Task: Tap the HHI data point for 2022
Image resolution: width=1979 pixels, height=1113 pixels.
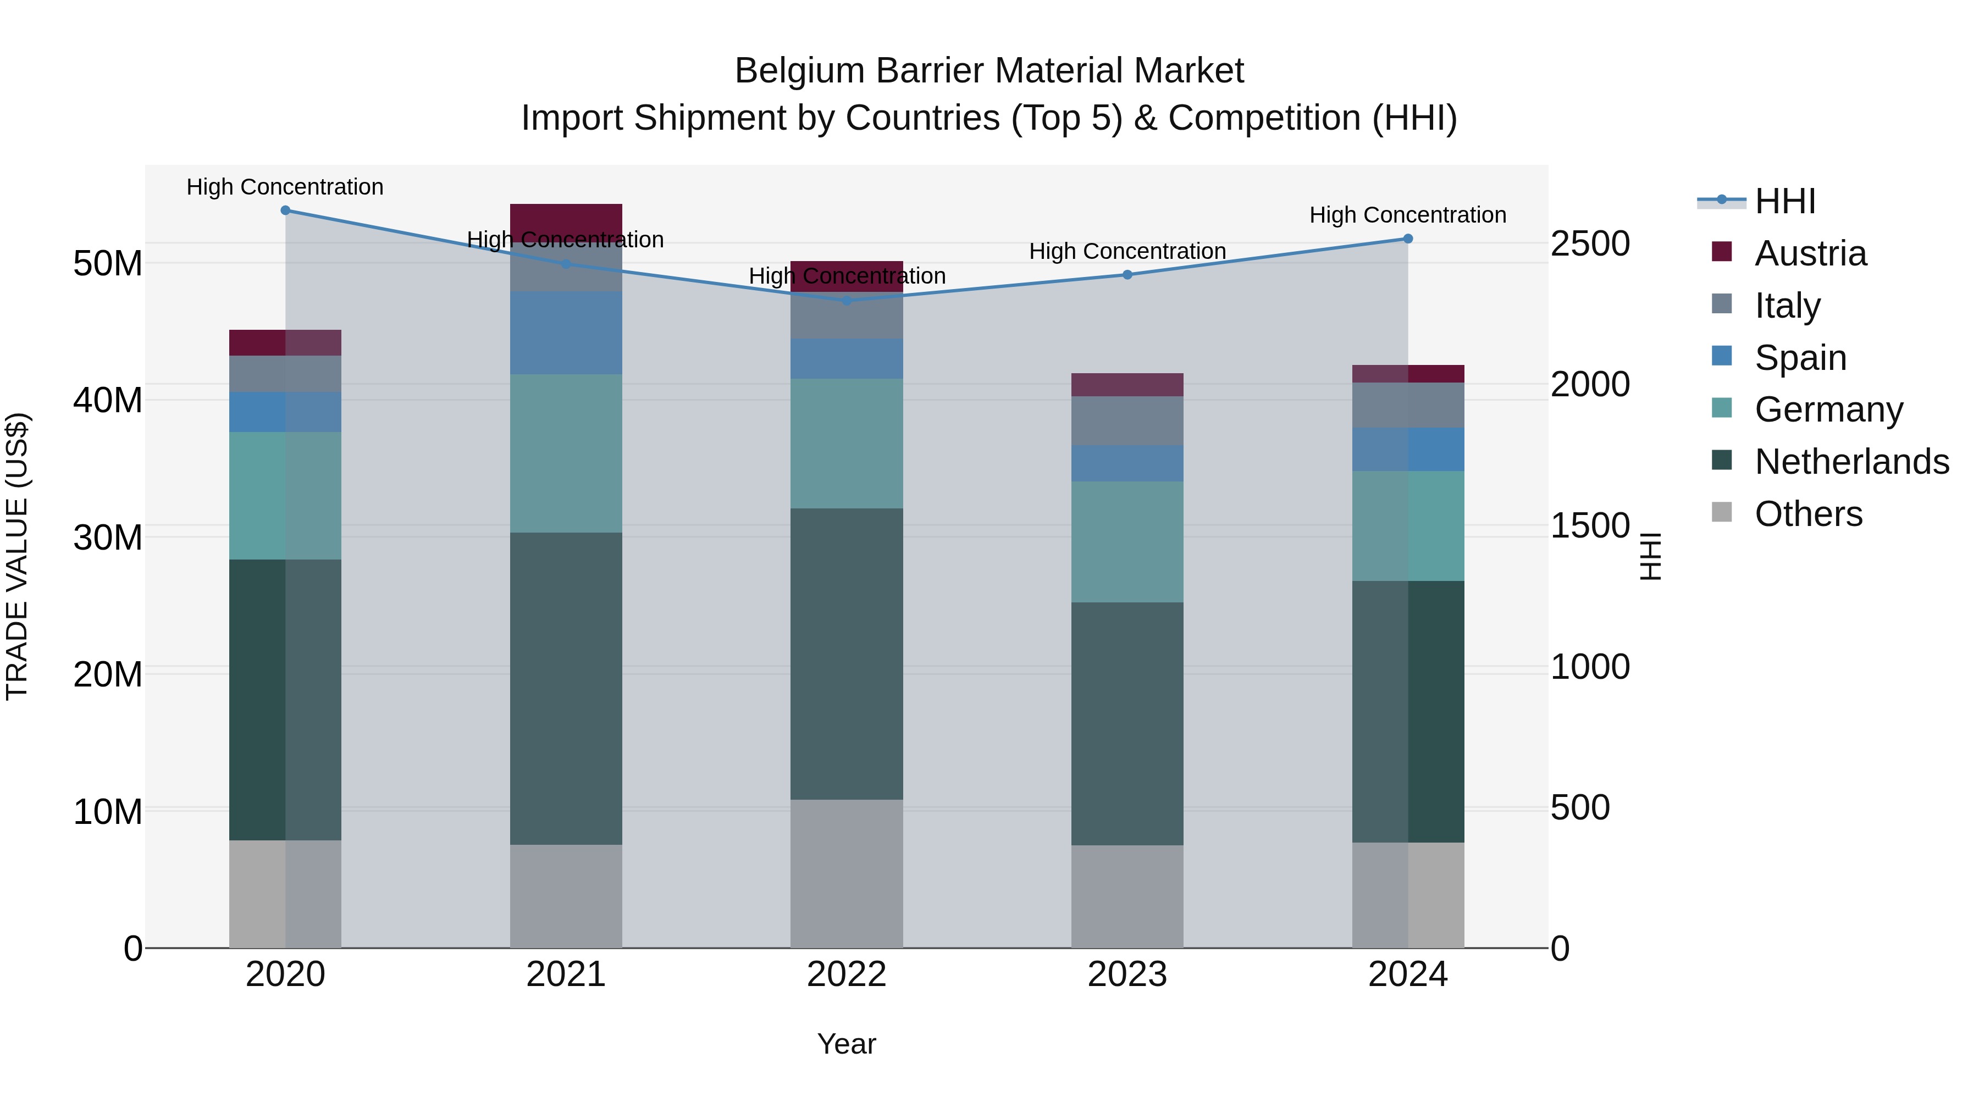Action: click(847, 300)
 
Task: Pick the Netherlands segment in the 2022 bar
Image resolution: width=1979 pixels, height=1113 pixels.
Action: click(847, 653)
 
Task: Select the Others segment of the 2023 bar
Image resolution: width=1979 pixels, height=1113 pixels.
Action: click(1127, 896)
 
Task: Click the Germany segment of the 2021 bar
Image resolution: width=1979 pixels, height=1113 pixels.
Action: click(566, 453)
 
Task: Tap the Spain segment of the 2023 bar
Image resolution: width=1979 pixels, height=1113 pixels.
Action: click(1127, 463)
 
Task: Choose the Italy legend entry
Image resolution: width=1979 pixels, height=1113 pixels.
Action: click(1787, 306)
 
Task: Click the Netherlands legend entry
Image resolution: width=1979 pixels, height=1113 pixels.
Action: click(1851, 462)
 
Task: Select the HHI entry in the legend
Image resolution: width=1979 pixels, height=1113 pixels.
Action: click(1784, 201)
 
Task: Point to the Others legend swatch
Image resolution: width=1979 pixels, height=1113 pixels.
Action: click(1722, 512)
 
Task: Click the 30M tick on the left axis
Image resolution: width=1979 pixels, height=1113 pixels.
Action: click(108, 537)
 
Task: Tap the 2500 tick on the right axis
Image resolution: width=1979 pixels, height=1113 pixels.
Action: click(1589, 243)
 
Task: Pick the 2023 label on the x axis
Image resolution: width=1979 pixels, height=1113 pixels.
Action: click(1127, 974)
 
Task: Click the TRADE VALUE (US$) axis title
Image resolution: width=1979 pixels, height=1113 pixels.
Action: click(17, 556)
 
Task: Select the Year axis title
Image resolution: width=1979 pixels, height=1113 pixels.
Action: click(846, 1044)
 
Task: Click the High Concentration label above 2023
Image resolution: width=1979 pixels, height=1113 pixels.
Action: click(1127, 251)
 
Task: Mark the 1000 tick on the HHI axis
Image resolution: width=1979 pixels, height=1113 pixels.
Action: click(1589, 667)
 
